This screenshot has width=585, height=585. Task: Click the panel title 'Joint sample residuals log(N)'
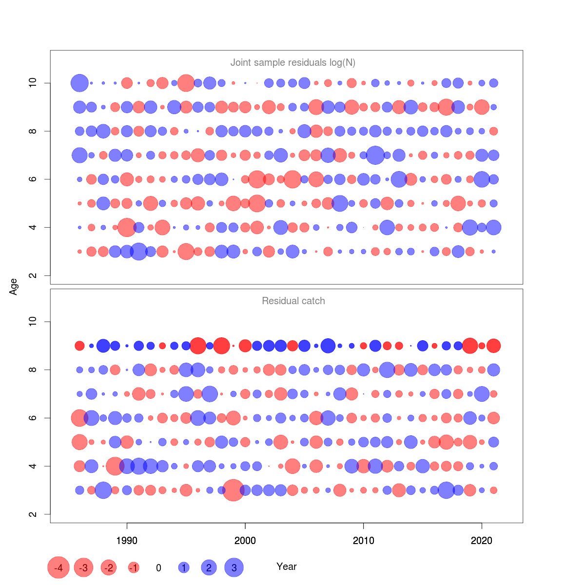coord(292,62)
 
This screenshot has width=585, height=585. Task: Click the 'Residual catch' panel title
coord(293,301)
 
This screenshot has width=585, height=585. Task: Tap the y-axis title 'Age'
coord(14,287)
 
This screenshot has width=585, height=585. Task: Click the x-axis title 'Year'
coord(286,566)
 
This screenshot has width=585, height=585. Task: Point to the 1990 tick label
coord(127,540)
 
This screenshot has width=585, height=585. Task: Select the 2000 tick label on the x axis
coord(245,540)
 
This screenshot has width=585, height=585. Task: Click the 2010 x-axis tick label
coord(363,540)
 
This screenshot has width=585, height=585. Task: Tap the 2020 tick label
coord(482,540)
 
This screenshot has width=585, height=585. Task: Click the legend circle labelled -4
coord(58,567)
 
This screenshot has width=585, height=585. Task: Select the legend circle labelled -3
coord(84,567)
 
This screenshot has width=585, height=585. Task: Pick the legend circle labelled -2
coord(109,567)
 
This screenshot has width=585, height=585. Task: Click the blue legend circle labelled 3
coord(234,567)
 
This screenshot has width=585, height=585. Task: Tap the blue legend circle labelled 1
coord(184,567)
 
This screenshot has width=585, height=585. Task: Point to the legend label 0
coord(158,568)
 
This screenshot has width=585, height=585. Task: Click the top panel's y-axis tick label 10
coord(33,83)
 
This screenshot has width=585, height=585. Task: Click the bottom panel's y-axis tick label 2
coord(33,514)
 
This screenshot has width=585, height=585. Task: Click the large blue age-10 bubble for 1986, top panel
coord(79,83)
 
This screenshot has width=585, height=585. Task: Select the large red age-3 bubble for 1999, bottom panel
coord(234,490)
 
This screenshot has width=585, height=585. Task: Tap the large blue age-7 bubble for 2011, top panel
coord(375,155)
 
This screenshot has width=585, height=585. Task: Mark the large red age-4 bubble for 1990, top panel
coord(127,227)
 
